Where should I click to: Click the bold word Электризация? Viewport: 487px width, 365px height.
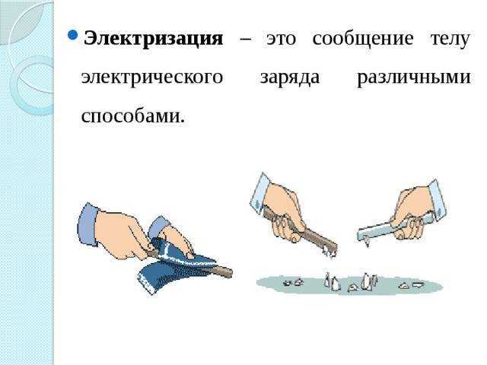[x=152, y=38]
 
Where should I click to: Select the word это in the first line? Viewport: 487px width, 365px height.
[x=282, y=38]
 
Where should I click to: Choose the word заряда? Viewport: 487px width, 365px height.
[x=290, y=78]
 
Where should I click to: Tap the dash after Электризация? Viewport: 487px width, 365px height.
[x=244, y=39]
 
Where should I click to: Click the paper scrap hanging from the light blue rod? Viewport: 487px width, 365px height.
[x=366, y=242]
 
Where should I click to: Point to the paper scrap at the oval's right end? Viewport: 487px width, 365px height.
[x=418, y=285]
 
